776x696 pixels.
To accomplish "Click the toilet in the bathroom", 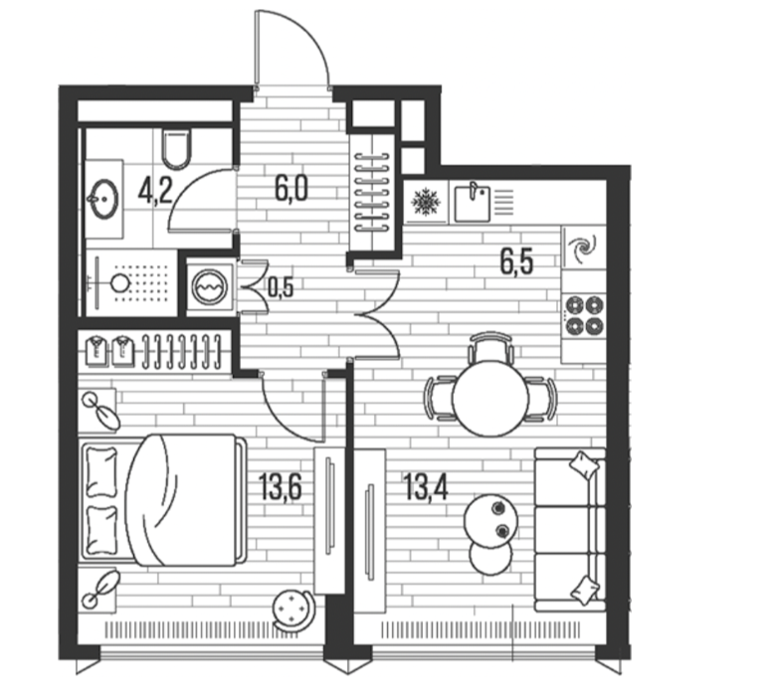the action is [x=176, y=148].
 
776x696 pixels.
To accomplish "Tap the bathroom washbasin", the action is [x=104, y=199].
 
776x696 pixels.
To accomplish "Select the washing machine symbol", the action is [x=210, y=287].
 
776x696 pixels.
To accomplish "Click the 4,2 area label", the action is [x=155, y=191].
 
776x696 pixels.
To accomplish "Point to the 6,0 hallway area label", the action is [x=291, y=189].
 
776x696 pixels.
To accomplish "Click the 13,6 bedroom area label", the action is [x=281, y=486].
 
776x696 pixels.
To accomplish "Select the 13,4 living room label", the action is [x=426, y=486].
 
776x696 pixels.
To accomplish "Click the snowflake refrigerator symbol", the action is [x=426, y=202].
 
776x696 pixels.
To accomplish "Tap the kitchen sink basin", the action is [x=473, y=203].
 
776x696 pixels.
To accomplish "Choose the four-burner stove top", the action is [x=584, y=314].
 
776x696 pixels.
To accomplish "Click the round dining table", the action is [x=490, y=398].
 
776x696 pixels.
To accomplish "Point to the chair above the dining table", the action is [x=489, y=346].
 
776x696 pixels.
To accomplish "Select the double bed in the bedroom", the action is [x=164, y=499].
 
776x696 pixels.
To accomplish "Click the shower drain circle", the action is [x=120, y=283].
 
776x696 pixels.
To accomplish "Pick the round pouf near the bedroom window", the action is [x=293, y=609].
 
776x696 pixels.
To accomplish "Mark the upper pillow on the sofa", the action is [x=584, y=465].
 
